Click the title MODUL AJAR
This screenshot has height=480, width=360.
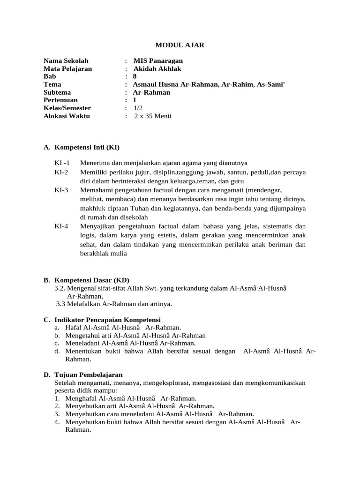point(180,45)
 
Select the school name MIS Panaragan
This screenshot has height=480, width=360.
point(158,61)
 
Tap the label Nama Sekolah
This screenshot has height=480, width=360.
point(66,61)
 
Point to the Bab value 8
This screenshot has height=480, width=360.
point(135,76)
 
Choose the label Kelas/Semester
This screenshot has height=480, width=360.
point(67,108)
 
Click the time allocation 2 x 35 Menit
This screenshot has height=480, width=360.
point(153,116)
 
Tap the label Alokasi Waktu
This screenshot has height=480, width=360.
point(67,116)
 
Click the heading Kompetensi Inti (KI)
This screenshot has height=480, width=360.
point(87,148)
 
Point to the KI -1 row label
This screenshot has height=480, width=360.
point(62,163)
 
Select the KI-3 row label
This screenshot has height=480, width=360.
point(61,190)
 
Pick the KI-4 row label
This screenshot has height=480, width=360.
point(61,226)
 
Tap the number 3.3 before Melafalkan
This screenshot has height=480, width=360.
point(61,304)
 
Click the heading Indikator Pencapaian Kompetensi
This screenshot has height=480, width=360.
point(107,320)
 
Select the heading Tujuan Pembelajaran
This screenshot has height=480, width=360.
point(89,375)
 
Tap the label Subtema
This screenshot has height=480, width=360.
point(57,92)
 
